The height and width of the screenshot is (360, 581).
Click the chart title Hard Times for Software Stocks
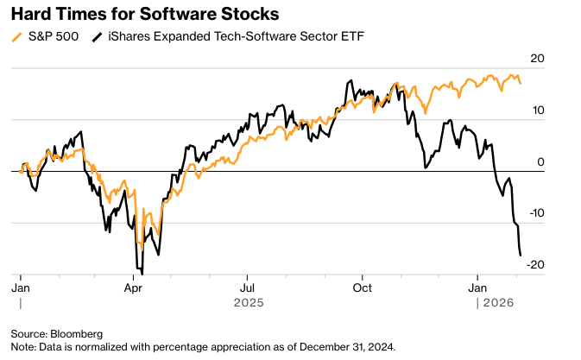tap(121, 15)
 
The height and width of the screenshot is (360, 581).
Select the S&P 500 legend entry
tap(50, 36)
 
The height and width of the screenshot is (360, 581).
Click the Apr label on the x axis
tap(133, 286)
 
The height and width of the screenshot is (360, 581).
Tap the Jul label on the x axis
tap(248, 286)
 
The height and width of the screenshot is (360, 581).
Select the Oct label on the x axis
tap(363, 286)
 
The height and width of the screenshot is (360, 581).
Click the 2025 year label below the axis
tap(248, 303)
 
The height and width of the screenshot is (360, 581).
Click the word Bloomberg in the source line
tap(79, 333)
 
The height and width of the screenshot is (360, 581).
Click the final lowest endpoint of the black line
tap(521, 256)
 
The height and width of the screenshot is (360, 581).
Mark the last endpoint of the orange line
tap(520, 83)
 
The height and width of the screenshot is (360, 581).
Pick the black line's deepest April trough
tap(142, 274)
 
